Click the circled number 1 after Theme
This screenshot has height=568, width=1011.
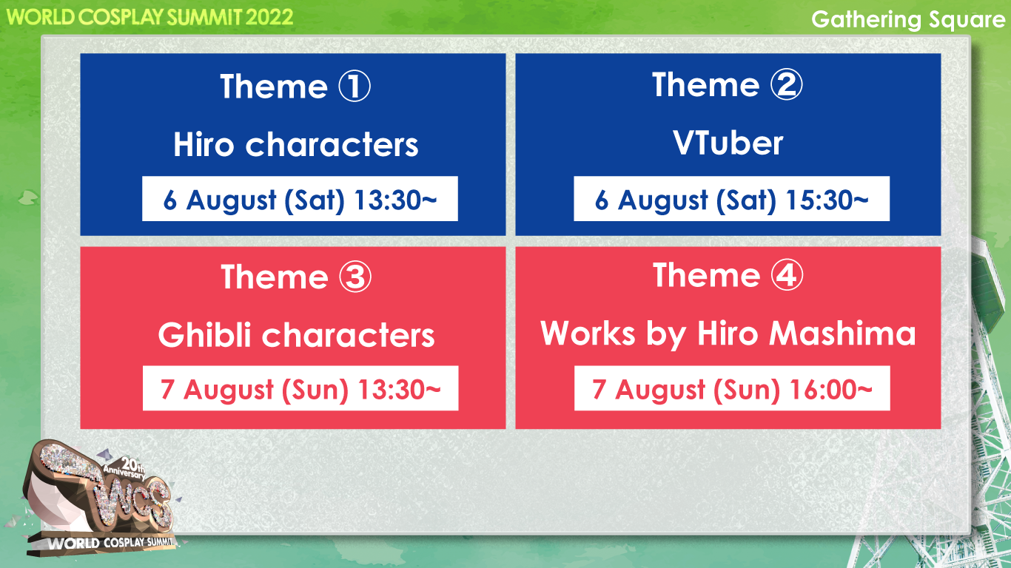pos(355,86)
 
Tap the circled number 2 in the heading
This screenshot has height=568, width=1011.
pos(787,84)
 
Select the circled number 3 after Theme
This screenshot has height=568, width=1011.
pos(355,277)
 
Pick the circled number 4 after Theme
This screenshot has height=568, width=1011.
pos(787,274)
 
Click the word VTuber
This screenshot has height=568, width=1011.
pos(728,143)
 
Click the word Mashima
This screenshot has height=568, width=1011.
pos(842,333)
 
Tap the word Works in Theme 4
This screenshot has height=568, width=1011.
pos(588,333)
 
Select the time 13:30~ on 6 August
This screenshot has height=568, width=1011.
pos(395,200)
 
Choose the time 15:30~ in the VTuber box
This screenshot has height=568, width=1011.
pos(827,200)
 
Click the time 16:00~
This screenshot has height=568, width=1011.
pos(831,389)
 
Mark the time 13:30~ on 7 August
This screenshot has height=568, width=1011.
pos(399,389)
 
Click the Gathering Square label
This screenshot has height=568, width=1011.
pos(907,20)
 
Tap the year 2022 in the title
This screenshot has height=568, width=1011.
pos(269,17)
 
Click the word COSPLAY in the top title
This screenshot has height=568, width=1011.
pos(121,17)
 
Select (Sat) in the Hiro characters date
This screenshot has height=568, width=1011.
pos(314,200)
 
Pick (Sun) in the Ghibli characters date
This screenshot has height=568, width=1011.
pos(315,389)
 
